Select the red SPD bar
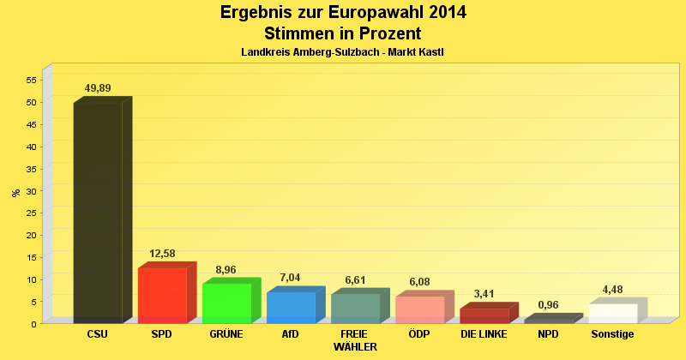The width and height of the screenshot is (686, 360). tap(162, 295)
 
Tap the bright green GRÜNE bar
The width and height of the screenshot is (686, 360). tap(226, 303)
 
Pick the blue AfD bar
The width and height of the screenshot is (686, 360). tap(291, 307)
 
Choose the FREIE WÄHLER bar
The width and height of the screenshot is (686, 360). tap(355, 308)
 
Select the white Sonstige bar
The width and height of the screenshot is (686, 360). tap(612, 313)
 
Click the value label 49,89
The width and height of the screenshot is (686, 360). tap(98, 88)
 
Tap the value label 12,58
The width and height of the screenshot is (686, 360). tap(162, 254)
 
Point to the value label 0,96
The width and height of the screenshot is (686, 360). tap(548, 305)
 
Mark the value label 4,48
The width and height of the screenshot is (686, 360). tap(612, 289)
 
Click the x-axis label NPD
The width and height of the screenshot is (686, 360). tap(548, 334)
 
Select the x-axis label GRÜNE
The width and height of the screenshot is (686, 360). tap(226, 334)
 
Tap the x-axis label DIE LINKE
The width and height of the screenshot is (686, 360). tap(484, 334)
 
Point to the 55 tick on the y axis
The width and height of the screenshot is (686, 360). tap(31, 80)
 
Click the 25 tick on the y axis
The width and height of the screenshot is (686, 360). tap(31, 213)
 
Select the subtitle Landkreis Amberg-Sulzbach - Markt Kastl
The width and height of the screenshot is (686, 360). tap(342, 53)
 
